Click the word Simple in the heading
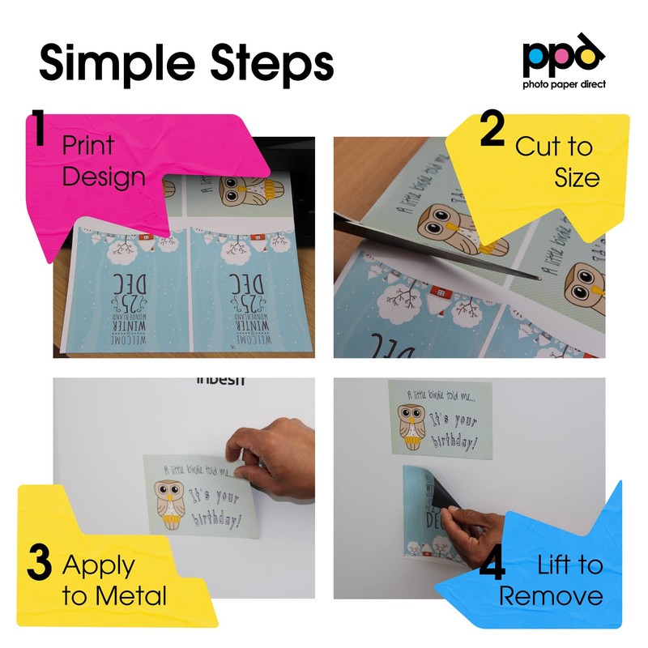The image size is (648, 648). (113, 62)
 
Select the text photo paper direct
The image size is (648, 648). (563, 83)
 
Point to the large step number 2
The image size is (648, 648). (492, 131)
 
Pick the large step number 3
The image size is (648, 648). (39, 565)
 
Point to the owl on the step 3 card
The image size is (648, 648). (169, 503)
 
